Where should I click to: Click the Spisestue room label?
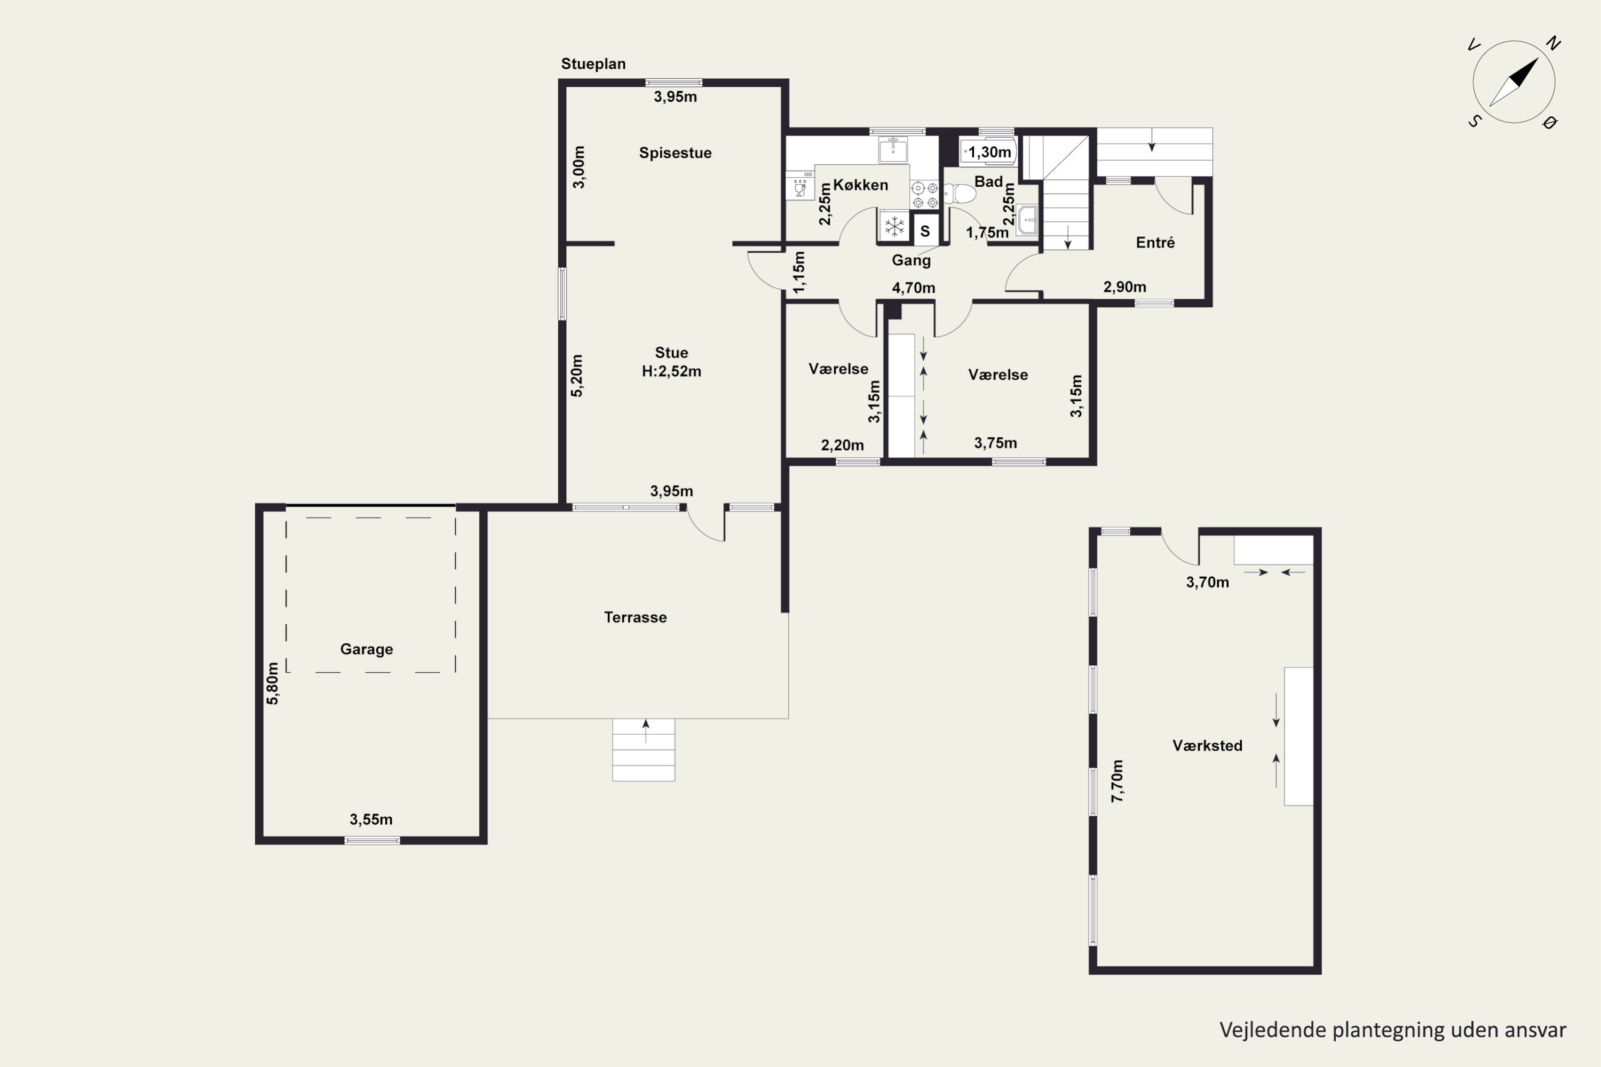(x=675, y=153)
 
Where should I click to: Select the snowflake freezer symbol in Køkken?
(x=894, y=227)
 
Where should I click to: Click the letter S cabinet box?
(x=925, y=230)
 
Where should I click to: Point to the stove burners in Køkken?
(x=925, y=195)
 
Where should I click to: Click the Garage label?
(x=366, y=649)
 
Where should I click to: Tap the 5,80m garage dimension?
(x=272, y=683)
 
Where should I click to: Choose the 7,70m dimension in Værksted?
(x=1117, y=781)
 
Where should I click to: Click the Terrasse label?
(x=635, y=617)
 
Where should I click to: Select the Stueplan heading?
(x=593, y=64)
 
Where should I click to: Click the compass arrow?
(x=1514, y=82)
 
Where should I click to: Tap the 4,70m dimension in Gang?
(x=914, y=288)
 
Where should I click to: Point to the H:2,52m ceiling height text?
(x=671, y=371)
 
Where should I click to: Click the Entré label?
(x=1155, y=242)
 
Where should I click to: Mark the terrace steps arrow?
(x=646, y=731)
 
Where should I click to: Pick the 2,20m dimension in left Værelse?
(x=842, y=445)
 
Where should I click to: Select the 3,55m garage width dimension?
(x=371, y=819)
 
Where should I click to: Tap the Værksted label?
(x=1207, y=746)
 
